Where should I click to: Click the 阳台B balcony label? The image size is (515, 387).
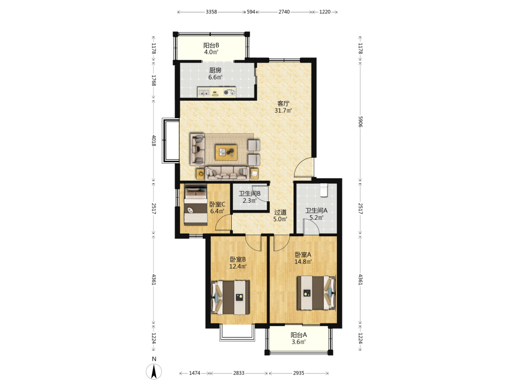211,45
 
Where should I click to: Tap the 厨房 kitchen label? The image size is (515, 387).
215,70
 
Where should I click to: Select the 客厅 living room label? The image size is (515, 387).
283,104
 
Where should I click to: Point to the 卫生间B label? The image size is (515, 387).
250,193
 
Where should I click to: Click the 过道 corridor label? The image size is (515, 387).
280,212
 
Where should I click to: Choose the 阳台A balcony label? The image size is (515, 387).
299,335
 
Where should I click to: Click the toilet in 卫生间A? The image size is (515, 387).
324,190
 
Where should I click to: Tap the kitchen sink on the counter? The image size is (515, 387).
203,92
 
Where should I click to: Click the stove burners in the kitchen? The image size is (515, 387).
230,92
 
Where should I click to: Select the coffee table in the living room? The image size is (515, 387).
226,152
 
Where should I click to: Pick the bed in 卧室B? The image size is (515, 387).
230,297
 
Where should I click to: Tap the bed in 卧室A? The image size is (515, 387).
316,293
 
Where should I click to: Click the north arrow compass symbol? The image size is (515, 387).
153,372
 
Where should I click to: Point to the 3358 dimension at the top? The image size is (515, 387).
211,12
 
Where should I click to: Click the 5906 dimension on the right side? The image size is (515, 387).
360,121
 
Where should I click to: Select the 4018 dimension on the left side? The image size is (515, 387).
153,140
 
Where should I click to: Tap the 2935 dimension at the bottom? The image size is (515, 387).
299,373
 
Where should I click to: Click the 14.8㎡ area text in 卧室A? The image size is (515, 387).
303,262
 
